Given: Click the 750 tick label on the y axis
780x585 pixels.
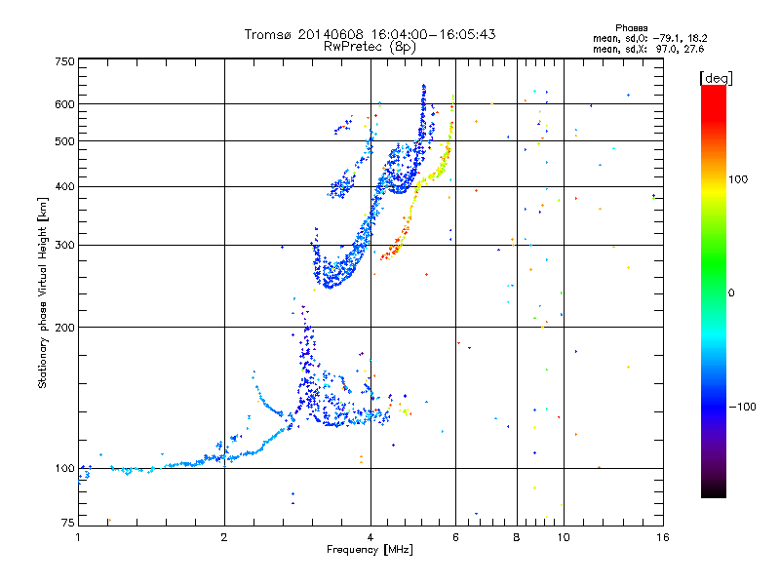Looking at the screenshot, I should coord(64,60).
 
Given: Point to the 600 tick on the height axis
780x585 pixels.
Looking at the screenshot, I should coord(64,103).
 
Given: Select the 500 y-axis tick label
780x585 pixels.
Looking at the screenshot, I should coord(64,140).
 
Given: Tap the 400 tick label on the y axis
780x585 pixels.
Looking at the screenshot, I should coord(64,186).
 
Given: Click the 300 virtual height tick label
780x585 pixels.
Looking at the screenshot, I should coord(64,245).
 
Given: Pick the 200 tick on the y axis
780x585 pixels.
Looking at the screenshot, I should coord(64,327).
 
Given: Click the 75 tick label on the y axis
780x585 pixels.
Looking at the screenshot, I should coord(67,525).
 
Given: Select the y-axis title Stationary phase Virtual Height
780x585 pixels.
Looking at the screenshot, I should coord(43,292).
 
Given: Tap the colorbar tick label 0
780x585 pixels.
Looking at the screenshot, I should coord(730,292).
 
